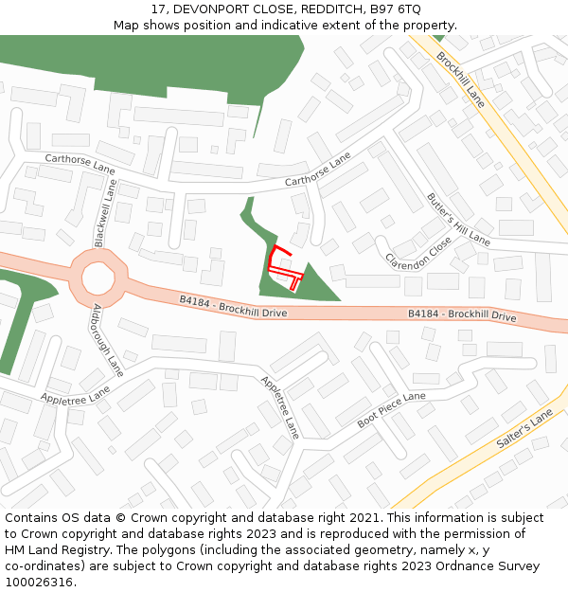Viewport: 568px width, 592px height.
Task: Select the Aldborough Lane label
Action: tap(108, 339)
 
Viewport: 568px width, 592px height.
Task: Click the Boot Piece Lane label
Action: tap(392, 410)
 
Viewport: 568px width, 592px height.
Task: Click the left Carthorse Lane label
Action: tap(80, 163)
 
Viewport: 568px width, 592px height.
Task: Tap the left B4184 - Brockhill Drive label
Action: tap(233, 305)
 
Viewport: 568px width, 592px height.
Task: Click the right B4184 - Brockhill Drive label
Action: tap(462, 314)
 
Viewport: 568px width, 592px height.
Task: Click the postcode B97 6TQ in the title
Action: tap(395, 9)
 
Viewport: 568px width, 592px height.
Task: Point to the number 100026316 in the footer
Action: tap(41, 583)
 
